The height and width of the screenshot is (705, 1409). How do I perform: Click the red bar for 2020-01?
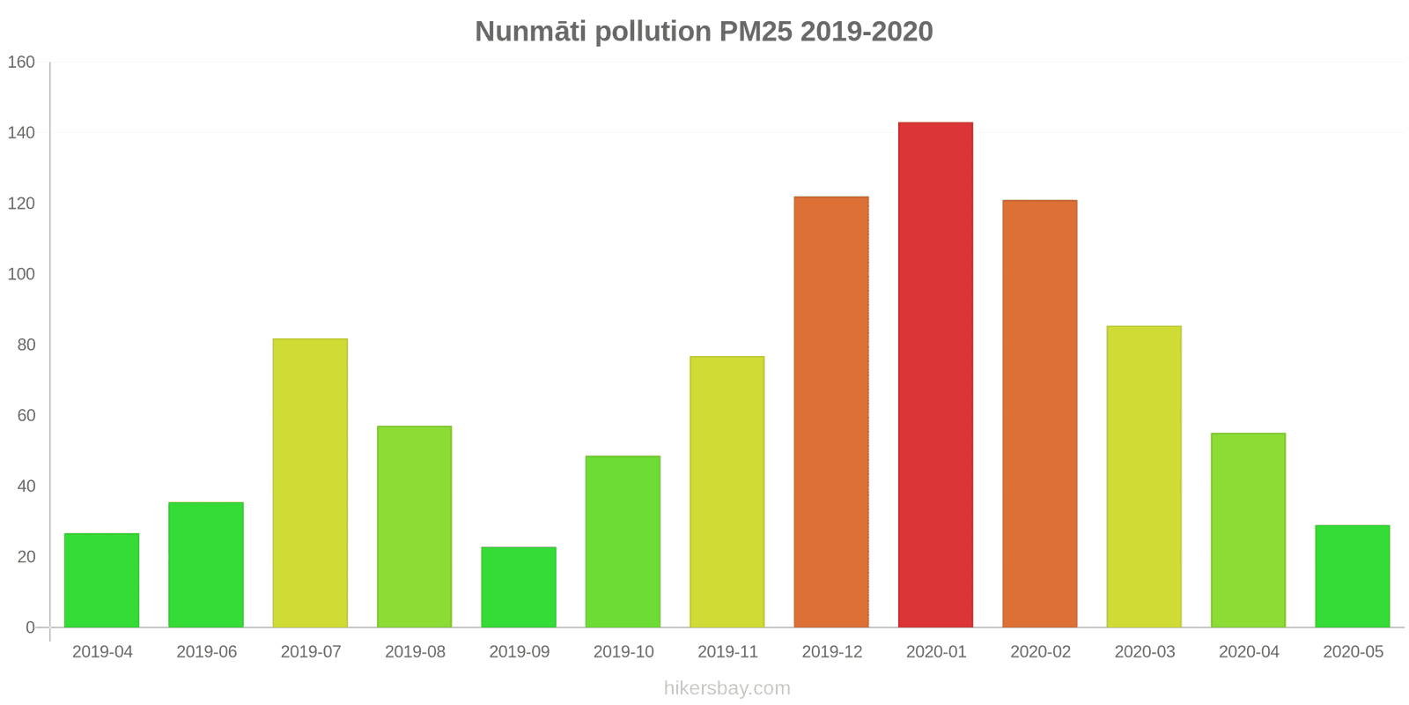[x=935, y=375]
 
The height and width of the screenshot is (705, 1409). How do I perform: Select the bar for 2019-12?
[x=831, y=412]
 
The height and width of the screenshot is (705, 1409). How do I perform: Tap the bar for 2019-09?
[x=519, y=587]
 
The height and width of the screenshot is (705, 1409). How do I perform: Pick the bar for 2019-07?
[x=310, y=483]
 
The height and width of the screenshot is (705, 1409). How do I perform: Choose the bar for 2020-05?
[x=1353, y=576]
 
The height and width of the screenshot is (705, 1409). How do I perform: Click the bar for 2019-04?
[x=101, y=580]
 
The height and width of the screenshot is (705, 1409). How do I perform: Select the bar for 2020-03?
[x=1144, y=477]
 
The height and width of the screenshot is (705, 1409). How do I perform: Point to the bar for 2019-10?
[x=623, y=541]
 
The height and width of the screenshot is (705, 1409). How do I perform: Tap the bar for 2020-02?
[x=1040, y=413]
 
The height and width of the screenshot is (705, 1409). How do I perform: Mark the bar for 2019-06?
[x=206, y=565]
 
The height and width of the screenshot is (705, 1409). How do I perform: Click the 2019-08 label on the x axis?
[x=415, y=652]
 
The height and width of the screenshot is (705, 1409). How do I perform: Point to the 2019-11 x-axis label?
[x=727, y=652]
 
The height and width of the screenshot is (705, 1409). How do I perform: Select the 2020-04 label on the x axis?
[x=1249, y=652]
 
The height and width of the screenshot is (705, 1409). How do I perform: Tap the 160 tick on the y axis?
[x=21, y=62]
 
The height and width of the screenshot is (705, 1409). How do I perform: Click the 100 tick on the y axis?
[x=21, y=274]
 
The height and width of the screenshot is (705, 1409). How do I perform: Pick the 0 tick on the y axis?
[x=30, y=627]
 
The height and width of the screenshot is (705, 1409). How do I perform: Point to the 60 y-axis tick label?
[x=26, y=415]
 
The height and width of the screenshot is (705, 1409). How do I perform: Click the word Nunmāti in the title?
[x=530, y=32]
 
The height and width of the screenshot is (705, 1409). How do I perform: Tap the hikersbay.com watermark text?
[x=727, y=688]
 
